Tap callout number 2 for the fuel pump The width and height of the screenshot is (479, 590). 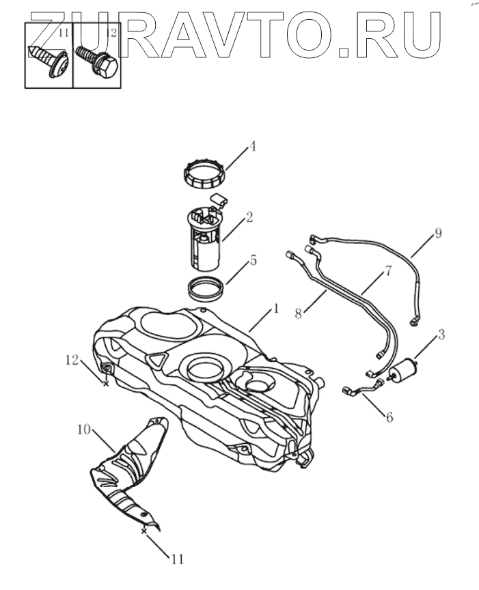click(249, 217)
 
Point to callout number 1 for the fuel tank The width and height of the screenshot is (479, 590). click(275, 309)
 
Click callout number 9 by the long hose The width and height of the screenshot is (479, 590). click(438, 233)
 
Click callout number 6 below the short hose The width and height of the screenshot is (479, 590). click(389, 417)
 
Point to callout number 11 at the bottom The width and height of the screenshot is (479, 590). click(177, 559)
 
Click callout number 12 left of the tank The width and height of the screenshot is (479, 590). click(72, 359)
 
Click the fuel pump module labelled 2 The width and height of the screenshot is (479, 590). click(205, 239)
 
